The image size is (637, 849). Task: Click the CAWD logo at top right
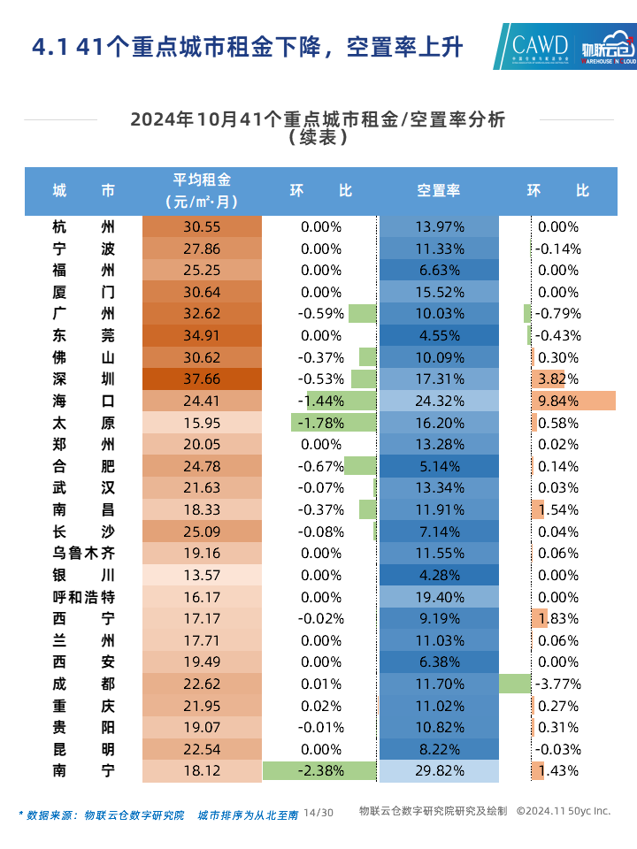541,45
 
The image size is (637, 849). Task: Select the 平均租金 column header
202,190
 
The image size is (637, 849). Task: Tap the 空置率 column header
439,190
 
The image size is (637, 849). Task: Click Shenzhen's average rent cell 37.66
202,379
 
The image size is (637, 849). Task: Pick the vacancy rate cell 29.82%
439,770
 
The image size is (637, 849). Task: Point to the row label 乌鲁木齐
84,554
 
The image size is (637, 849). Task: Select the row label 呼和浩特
84,597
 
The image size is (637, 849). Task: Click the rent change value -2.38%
321,770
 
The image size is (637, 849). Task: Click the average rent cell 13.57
202,575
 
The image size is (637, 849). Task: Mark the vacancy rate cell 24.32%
439,401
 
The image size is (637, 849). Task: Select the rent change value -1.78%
321,423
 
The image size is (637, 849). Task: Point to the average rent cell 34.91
202,336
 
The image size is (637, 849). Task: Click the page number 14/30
318,812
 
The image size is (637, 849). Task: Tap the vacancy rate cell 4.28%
439,575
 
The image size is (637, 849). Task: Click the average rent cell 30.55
202,227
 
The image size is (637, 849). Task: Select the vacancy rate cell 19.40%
439,597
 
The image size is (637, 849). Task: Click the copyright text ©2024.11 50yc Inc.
564,811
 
